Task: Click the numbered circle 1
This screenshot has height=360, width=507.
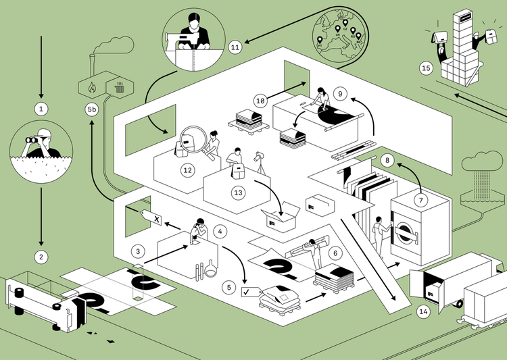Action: click(x=41, y=107)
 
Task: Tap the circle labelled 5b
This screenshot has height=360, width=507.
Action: click(x=91, y=109)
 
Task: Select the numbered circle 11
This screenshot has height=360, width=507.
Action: click(x=235, y=47)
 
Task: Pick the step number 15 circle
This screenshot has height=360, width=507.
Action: click(x=426, y=68)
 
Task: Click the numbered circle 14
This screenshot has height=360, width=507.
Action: click(x=424, y=311)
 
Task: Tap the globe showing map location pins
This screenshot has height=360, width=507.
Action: click(x=337, y=34)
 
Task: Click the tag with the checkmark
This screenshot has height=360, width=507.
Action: click(x=251, y=292)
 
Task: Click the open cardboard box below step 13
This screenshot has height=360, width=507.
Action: click(x=281, y=217)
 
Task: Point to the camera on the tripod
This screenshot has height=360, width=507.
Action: click(x=260, y=157)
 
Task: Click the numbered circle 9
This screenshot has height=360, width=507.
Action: click(x=340, y=93)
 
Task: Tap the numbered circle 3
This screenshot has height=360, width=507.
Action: click(x=138, y=251)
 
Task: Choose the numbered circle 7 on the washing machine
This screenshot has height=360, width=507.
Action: click(x=420, y=200)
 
